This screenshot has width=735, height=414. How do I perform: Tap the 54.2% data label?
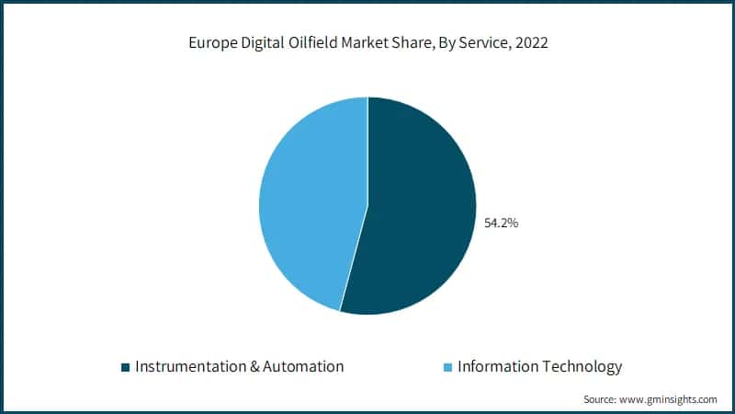click(x=501, y=222)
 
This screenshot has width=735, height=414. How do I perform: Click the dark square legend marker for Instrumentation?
click(x=126, y=367)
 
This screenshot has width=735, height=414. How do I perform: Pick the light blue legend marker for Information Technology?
click(x=447, y=367)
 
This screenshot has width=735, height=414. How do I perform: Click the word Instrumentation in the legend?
click(x=190, y=366)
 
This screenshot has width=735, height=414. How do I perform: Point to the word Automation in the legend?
click(x=303, y=366)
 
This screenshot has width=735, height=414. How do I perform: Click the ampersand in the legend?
click(x=254, y=366)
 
